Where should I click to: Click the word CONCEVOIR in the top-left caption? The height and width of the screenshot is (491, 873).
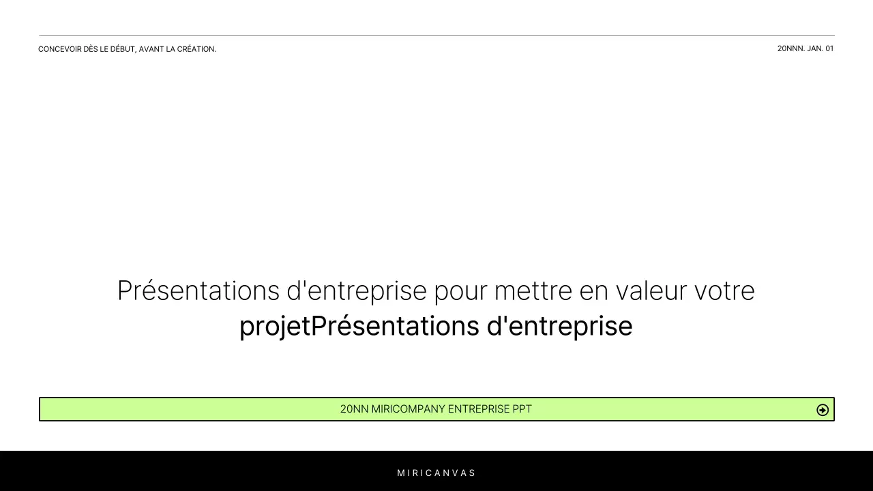[60, 49]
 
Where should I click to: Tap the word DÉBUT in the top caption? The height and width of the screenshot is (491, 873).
[123, 49]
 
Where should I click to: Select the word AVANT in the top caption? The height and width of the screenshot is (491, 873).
[151, 49]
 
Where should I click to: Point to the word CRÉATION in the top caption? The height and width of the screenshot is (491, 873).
[196, 49]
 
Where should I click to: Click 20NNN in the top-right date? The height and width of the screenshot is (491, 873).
[790, 48]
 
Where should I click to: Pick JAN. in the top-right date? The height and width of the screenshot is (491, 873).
[815, 48]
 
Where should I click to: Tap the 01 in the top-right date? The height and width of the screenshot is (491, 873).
[829, 48]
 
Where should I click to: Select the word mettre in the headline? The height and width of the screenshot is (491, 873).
[533, 291]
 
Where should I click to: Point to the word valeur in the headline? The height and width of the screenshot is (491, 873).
[651, 291]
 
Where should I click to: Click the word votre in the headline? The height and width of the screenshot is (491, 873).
[724, 291]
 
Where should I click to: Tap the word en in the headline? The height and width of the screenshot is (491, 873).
[593, 291]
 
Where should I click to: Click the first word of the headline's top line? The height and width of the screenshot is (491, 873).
[198, 291]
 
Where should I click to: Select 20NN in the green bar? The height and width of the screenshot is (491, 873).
[354, 409]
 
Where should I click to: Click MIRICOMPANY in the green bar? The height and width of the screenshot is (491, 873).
[408, 409]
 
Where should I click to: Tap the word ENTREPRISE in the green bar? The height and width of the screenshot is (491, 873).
[478, 409]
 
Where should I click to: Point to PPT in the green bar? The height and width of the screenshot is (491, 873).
[522, 409]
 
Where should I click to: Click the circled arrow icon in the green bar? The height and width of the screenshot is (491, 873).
[823, 410]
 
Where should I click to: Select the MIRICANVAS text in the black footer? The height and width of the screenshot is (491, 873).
[436, 473]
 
